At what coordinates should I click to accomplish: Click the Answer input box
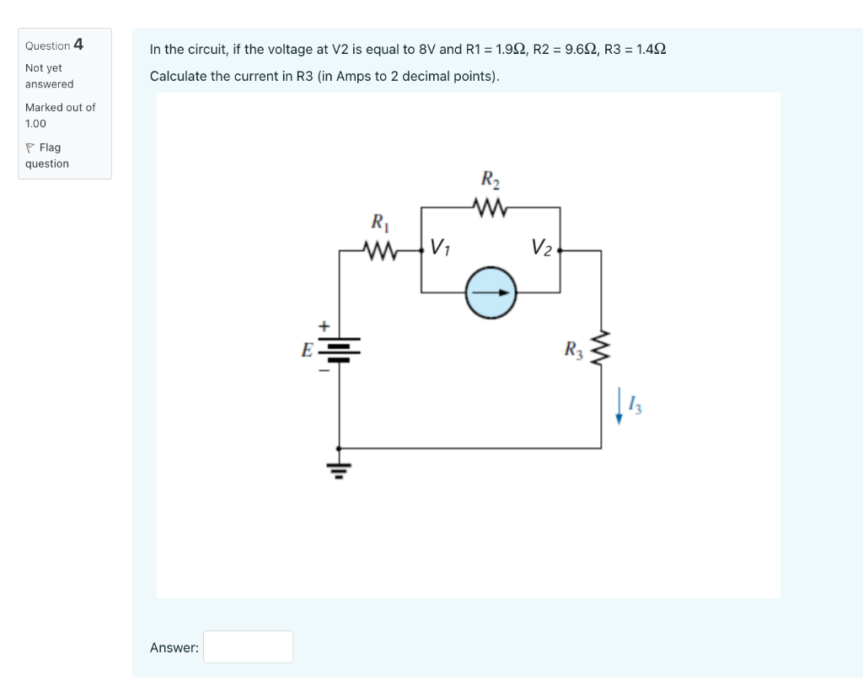(248, 646)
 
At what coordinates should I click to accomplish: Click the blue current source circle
(490, 293)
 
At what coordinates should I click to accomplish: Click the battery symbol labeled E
(339, 349)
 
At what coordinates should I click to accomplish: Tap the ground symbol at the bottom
(339, 468)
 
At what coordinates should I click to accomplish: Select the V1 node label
(440, 248)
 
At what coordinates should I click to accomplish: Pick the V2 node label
(542, 248)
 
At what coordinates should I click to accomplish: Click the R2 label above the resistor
(490, 180)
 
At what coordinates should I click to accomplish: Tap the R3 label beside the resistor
(574, 349)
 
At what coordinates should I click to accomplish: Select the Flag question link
(47, 155)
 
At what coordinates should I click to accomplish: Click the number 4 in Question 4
(78, 44)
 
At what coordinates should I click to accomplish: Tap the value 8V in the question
(426, 50)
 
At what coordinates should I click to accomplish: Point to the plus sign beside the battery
(320, 325)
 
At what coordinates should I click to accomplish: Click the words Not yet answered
(49, 76)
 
